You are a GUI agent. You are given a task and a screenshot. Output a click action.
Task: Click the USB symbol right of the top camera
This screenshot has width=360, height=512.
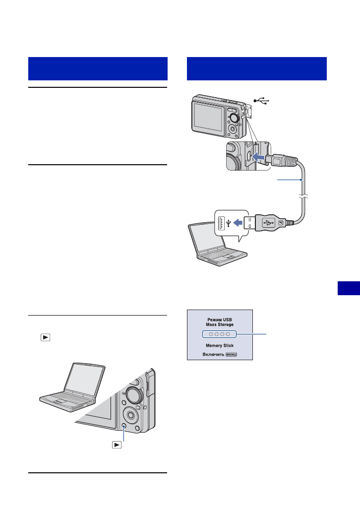tap(261, 101)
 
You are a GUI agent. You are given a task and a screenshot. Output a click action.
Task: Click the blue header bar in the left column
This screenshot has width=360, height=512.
tap(97, 68)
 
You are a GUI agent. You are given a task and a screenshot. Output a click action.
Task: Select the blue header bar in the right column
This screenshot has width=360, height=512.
tap(257, 68)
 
